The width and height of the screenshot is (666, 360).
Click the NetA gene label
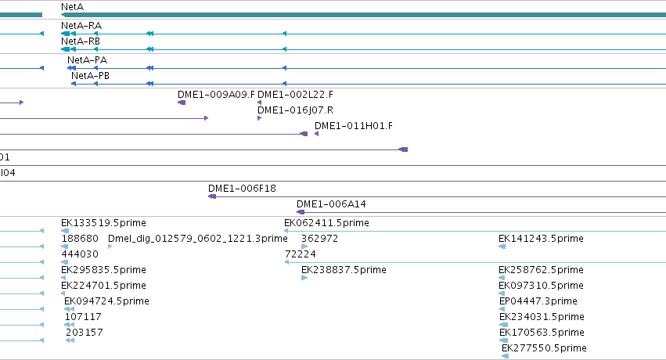pos(72,7)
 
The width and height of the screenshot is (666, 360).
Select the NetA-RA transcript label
pos(81,26)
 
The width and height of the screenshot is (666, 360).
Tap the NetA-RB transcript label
pos(81,41)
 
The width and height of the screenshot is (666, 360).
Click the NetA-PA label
pos(87,59)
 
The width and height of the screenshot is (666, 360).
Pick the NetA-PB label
pos(90,76)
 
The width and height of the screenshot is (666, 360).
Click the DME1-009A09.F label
pos(216,94)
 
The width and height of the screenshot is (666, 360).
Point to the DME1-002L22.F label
pos(295,94)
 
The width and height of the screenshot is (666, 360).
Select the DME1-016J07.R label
pos(295,110)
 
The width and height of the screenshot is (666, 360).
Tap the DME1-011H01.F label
pos(354,126)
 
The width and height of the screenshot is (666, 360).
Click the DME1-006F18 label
pos(242,188)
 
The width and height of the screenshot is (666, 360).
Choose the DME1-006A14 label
pos(331,203)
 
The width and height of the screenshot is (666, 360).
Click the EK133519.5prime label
pos(103,223)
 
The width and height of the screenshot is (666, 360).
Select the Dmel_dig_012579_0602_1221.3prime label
pos(197,239)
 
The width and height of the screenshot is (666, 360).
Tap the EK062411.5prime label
pos(326,223)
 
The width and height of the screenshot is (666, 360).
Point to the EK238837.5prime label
pos(344,269)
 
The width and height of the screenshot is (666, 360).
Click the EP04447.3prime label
pos(538,301)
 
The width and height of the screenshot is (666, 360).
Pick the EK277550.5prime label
pos(544,348)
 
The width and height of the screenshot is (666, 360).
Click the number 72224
pos(301,254)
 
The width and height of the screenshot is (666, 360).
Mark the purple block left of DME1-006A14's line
pos(301,212)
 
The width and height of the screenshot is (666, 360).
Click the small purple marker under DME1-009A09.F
pos(182,103)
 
